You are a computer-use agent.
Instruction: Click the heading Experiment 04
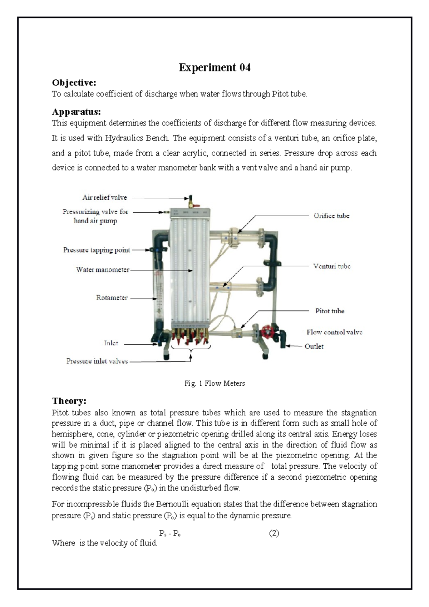coord(214,68)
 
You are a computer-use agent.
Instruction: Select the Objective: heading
coord(74,83)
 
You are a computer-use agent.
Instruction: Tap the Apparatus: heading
coord(76,112)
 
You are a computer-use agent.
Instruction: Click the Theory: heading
coord(69,401)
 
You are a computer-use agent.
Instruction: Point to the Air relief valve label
coord(104,197)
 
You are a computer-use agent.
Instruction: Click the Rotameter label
coord(112,298)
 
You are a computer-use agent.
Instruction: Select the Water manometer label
coord(103,270)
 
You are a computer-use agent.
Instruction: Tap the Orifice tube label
coord(331,216)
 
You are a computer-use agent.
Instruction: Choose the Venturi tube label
coord(331,266)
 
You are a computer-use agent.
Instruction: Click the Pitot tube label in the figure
coord(330,311)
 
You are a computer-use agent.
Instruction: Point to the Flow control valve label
coord(334,332)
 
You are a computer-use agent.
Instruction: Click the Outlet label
coord(314,346)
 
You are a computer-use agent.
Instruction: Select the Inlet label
coord(111,343)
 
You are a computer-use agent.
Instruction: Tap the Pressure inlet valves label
coord(97,361)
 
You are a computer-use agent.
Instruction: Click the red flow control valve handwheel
coord(266,331)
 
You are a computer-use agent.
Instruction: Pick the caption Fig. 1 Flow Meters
coord(214,384)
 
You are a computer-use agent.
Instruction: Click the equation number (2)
coord(274,534)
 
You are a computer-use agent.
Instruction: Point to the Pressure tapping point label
coord(97,250)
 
